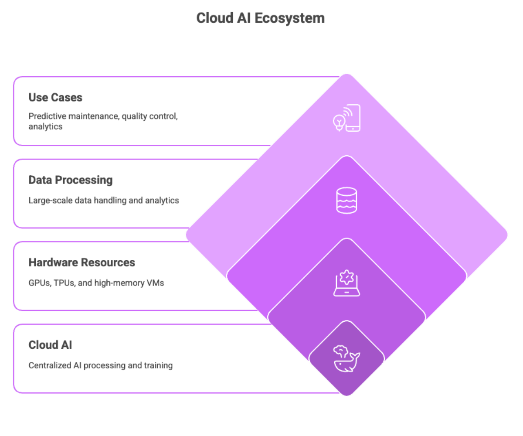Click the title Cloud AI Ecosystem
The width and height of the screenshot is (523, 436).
[260, 18]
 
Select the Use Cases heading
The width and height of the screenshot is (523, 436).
[55, 97]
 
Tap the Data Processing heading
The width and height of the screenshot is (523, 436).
[71, 180]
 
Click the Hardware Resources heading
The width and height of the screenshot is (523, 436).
[82, 262]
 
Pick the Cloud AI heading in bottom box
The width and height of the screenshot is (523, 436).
[50, 345]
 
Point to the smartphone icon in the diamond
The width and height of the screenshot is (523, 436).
[353, 118]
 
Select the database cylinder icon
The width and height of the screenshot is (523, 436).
[346, 200]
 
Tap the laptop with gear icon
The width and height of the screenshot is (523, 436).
[346, 283]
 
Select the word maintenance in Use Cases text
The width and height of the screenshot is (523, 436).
[91, 116]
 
